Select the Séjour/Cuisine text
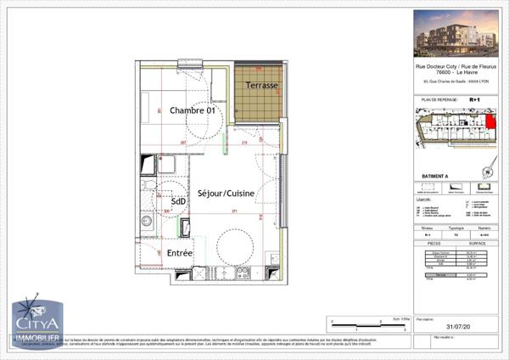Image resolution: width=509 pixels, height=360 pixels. coord(227,194)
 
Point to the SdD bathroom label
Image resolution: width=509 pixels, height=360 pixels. coord(179,201)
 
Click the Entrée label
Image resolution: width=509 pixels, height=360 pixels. coord(179,253)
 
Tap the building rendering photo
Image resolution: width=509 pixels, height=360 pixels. coord(456,34)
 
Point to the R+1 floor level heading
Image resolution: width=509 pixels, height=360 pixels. coord(474,100)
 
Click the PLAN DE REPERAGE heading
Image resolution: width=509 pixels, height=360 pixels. coord(434,100)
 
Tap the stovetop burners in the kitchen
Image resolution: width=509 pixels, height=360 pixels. coord(242,273)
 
